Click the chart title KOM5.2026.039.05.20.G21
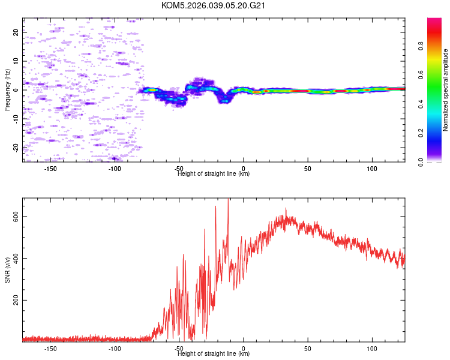(213, 5)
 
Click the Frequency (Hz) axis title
(7, 90)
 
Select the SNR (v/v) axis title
(7, 269)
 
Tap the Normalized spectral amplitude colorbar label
(446, 90)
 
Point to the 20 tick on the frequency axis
(16, 32)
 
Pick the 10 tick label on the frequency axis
(16, 61)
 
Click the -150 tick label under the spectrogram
(50, 168)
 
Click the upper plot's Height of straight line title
(214, 173)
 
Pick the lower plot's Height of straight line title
(214, 353)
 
